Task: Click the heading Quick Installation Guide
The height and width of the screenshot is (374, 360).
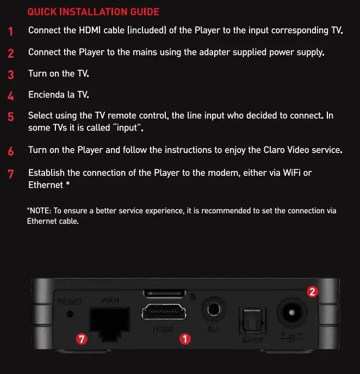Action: (93, 11)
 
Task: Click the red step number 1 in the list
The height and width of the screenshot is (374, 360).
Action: (11, 32)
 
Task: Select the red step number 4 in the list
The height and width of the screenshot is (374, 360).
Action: (11, 96)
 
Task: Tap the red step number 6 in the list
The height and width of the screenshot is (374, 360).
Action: (11, 151)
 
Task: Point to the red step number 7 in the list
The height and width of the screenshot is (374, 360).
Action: (11, 174)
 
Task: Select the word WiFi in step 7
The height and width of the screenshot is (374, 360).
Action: (292, 173)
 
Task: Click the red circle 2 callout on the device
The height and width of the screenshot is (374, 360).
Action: (312, 292)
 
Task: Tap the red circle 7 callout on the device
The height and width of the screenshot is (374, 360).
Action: (82, 339)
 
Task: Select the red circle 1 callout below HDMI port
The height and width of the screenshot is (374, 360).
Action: (184, 339)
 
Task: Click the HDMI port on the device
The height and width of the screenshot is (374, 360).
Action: (164, 314)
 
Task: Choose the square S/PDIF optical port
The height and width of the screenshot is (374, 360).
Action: (252, 321)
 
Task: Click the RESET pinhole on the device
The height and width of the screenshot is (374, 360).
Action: (69, 314)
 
